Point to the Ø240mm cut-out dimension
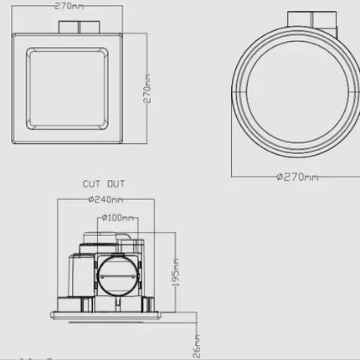(105, 200)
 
